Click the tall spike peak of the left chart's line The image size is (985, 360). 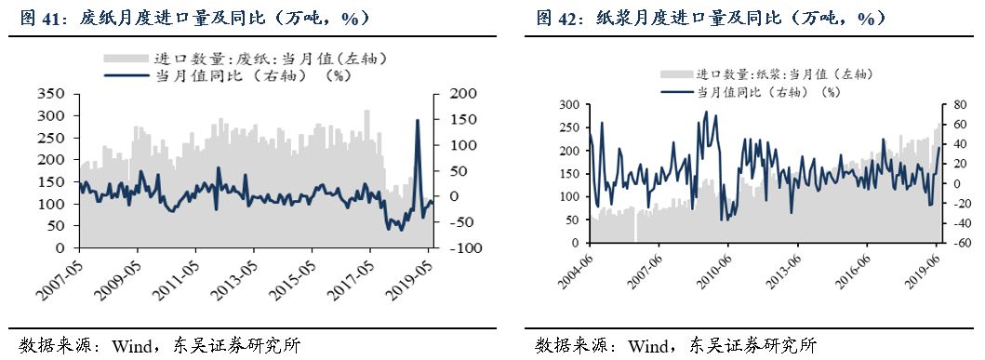(417, 120)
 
